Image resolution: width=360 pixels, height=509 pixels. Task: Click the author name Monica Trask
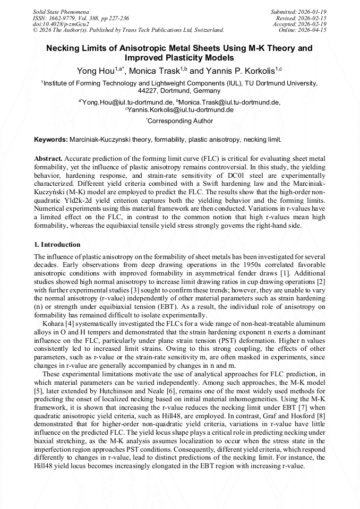pyautogui.click(x=156, y=71)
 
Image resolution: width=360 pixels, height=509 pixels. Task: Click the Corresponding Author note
pyautogui.click(x=181, y=121)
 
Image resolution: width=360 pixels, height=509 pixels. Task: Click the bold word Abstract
pyautogui.click(x=49, y=159)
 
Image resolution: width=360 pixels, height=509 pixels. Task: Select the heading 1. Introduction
pyautogui.click(x=57, y=245)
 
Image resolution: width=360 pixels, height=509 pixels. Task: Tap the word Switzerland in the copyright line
pyautogui.click(x=207, y=30)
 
